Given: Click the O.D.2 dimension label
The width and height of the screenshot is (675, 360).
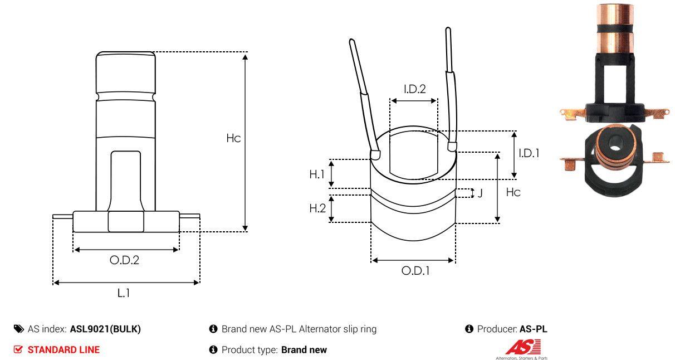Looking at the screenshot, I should (x=124, y=260).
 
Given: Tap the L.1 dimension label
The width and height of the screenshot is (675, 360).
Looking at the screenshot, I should (x=124, y=293).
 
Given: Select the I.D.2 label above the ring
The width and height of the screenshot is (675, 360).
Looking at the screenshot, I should (x=414, y=89).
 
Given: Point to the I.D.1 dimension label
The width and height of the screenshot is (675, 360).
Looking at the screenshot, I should (x=529, y=153).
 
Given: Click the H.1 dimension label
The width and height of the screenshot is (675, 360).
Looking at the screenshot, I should (x=317, y=174).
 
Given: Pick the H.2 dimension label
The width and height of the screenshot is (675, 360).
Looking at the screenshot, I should (x=317, y=208).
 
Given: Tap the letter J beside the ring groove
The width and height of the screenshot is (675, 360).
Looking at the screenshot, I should (x=480, y=193).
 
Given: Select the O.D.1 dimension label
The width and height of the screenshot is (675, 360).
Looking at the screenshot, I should (x=415, y=271).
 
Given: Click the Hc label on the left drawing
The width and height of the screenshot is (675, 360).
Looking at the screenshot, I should (x=233, y=138).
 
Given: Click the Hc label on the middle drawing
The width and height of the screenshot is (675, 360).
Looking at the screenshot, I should (x=513, y=192).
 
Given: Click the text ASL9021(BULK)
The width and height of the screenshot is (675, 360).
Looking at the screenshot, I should (x=105, y=329).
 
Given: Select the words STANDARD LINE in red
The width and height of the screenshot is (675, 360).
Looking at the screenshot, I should (x=63, y=350).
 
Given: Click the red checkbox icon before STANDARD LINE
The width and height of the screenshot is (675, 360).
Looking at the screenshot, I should (x=18, y=350).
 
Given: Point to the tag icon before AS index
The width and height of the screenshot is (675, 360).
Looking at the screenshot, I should (x=19, y=329).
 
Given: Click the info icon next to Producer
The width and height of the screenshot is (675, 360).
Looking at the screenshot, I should (x=469, y=329).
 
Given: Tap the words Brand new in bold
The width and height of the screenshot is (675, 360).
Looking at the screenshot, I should (x=304, y=350).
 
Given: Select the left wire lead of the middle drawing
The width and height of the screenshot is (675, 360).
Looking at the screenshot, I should (x=364, y=95).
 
